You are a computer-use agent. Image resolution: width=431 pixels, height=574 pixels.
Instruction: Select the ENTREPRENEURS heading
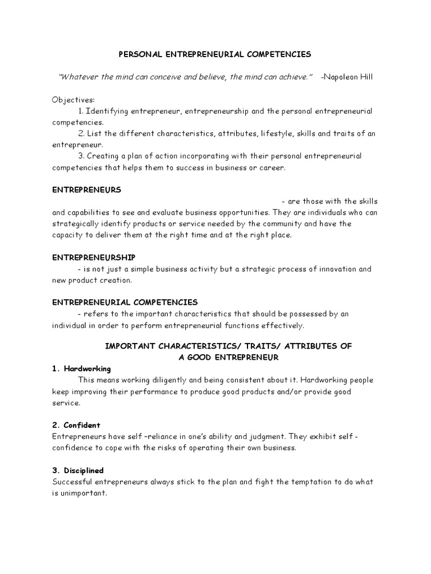[86, 190]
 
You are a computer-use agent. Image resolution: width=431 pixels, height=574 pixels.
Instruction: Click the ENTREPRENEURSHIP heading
[94, 257]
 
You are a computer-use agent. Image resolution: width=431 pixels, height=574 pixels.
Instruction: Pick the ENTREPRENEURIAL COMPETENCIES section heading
[125, 302]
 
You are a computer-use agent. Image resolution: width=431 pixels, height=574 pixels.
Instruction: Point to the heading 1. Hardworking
[81, 368]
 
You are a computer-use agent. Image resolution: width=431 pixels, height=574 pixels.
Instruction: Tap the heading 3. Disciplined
[78, 470]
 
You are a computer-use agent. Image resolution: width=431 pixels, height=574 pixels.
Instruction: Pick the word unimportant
[83, 493]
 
